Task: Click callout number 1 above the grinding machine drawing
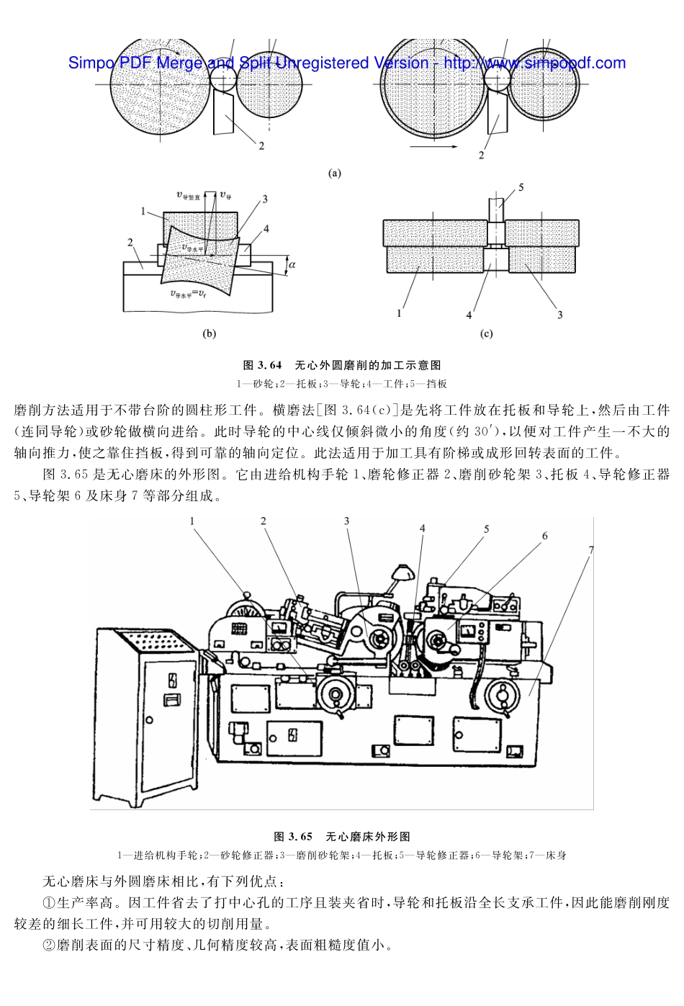click(x=192, y=521)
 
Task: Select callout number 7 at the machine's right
click(x=590, y=550)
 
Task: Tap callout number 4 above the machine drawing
click(x=423, y=529)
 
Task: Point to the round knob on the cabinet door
click(x=149, y=719)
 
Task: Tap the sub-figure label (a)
click(x=334, y=173)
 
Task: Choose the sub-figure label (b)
click(x=210, y=333)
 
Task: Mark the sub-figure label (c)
click(x=486, y=333)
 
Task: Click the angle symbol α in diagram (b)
click(x=292, y=265)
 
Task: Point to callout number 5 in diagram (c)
click(x=521, y=187)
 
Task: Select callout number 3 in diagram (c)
click(x=559, y=315)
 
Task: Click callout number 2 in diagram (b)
click(x=130, y=243)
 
